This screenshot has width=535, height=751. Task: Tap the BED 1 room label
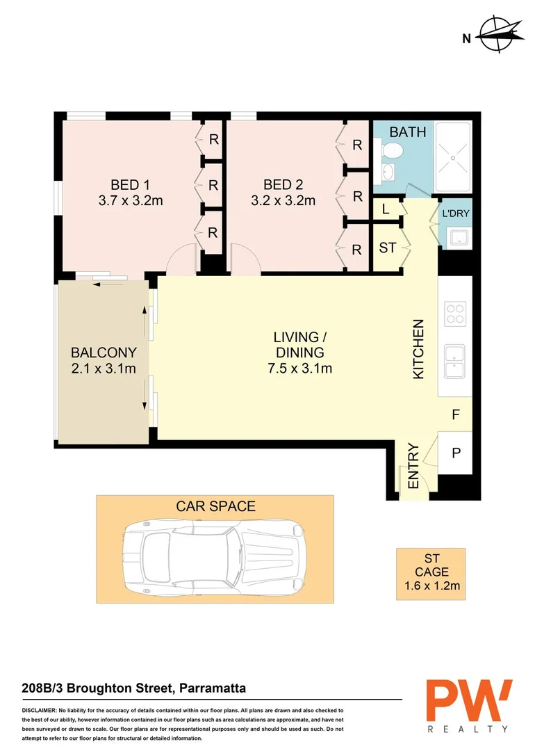coord(131,184)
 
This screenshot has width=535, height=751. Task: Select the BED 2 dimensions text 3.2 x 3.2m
coord(283,201)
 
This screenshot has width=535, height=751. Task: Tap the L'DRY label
coord(456,214)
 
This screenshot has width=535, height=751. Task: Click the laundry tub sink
coord(457,239)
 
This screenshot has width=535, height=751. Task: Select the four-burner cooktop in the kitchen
coord(454,314)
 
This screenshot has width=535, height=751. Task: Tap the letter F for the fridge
coord(456,415)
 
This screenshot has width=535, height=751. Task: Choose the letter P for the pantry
coord(456,453)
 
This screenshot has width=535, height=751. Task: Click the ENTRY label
coord(413,467)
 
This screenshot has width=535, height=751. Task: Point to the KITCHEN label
coord(418,349)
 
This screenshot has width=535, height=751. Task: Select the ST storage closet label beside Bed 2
coord(387,248)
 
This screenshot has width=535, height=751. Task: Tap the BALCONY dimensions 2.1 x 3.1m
coord(103,369)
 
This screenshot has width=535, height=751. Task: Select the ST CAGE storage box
coord(431,573)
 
